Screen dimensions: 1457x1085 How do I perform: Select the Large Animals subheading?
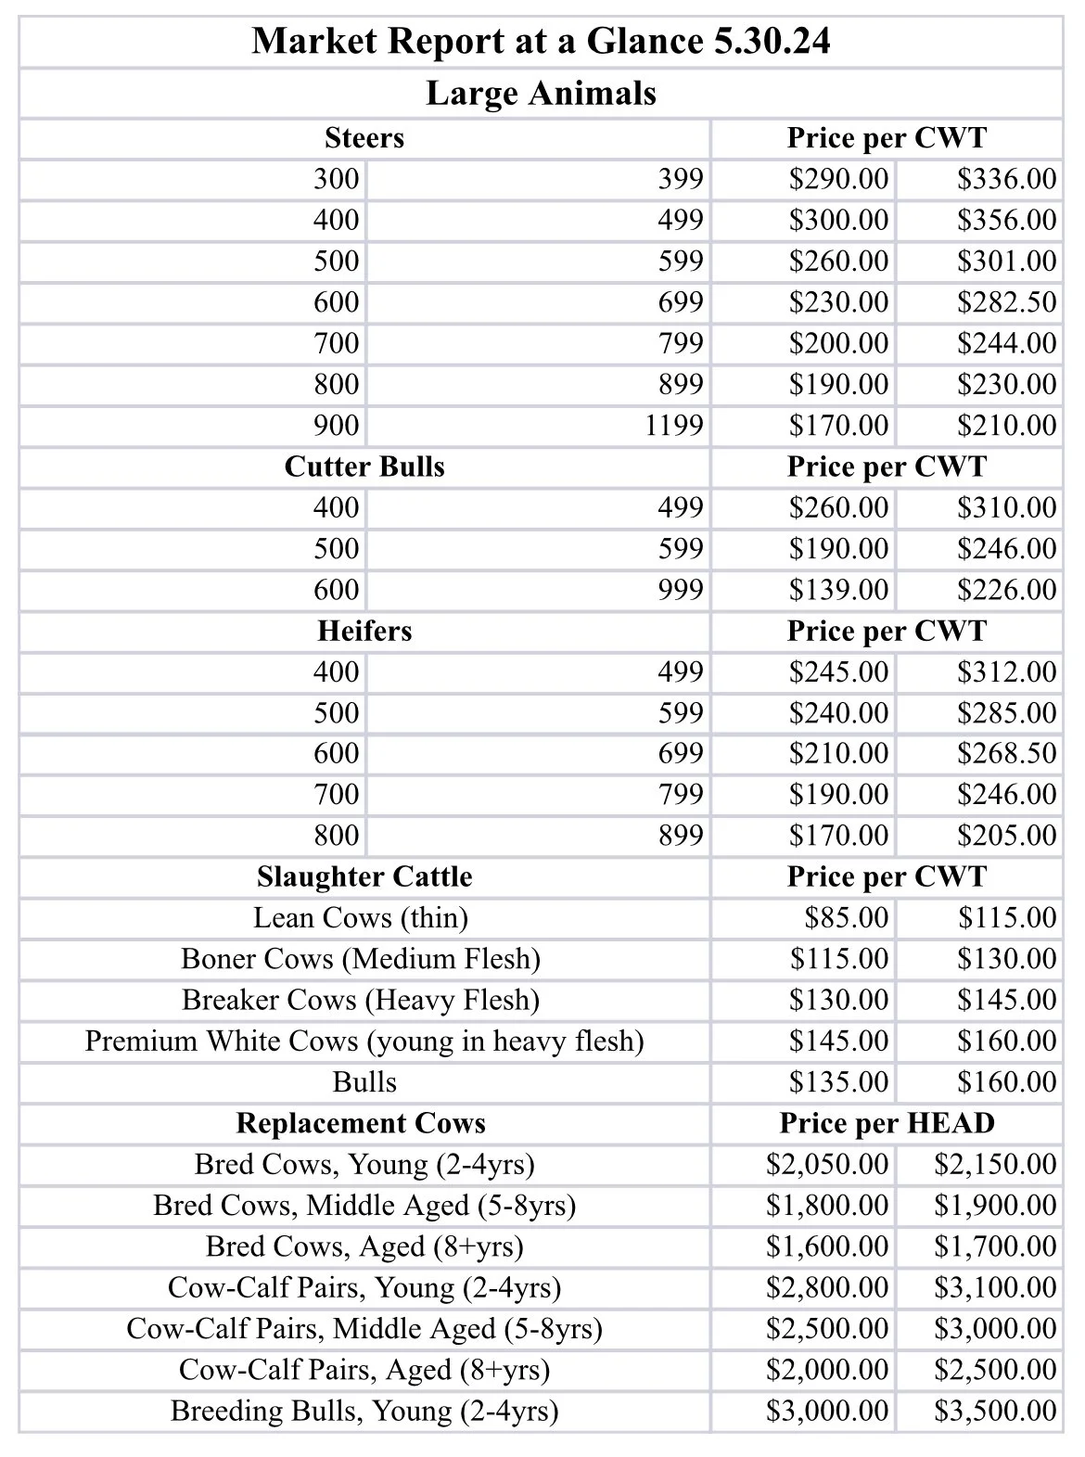(541, 94)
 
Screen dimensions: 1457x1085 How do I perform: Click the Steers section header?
(364, 138)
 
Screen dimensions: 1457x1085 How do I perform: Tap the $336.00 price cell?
(1006, 179)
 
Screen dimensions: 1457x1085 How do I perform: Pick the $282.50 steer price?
(1006, 302)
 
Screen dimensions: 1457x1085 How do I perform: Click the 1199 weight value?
(674, 426)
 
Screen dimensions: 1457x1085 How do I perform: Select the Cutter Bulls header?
(364, 466)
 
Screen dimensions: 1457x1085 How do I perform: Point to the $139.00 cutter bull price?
(838, 590)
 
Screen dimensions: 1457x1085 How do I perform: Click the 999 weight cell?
(681, 590)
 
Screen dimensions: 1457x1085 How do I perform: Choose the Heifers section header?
(364, 631)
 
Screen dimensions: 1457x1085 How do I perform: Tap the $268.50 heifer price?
(1006, 753)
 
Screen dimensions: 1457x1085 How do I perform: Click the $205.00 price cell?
(1006, 836)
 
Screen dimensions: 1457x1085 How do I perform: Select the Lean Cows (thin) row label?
(361, 918)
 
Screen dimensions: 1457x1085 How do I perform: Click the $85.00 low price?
(846, 918)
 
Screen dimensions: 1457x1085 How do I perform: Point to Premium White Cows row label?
(364, 1042)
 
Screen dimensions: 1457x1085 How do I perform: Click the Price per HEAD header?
(887, 1123)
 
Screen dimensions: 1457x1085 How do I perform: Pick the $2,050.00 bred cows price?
(827, 1164)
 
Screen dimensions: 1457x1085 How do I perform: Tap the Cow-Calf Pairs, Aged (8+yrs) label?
(364, 1370)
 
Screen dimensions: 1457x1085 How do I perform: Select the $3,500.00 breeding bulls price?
(995, 1411)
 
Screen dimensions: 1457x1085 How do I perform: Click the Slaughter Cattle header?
(364, 876)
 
